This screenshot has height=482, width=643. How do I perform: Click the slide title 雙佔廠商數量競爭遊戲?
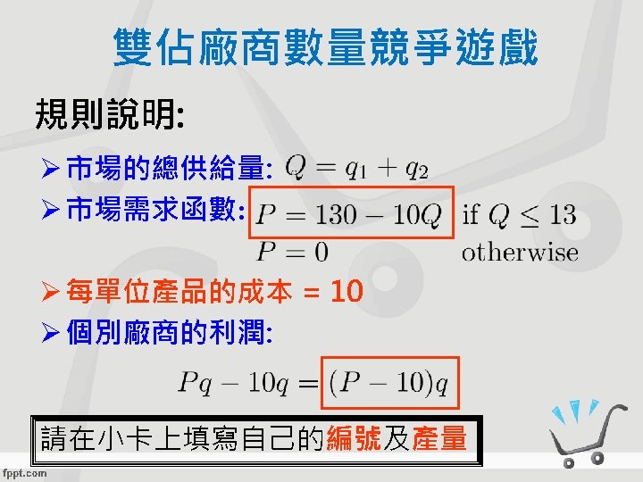pos(326,48)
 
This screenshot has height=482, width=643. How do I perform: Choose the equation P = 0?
pos(293,253)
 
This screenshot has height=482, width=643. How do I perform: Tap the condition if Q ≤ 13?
pos(519,215)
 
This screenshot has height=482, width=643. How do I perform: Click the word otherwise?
pos(520,253)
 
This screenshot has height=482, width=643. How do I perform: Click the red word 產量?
pos(439,438)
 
